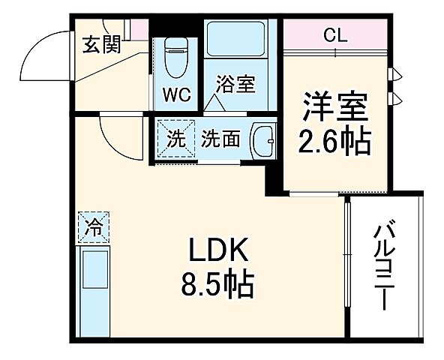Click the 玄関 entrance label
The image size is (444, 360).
click(101, 45)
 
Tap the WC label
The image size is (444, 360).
click(175, 96)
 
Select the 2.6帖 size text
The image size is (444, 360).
click(335, 140)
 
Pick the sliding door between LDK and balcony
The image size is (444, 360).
click(347, 262)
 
